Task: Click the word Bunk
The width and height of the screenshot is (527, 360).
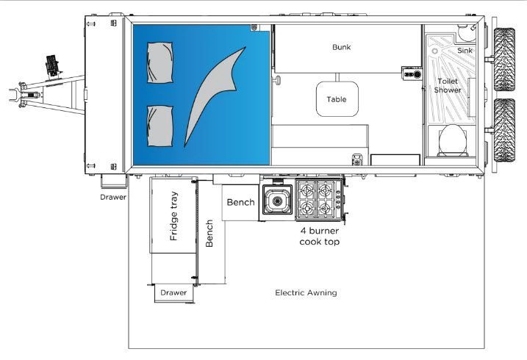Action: pos(341,47)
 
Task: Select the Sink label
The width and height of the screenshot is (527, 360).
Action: pos(465,51)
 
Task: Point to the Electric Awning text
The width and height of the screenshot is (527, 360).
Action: pos(306,292)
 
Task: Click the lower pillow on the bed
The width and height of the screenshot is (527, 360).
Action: pos(159,125)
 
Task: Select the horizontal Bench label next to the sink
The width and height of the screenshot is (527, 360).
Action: pos(240,202)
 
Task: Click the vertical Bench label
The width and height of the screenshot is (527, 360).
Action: pos(210,234)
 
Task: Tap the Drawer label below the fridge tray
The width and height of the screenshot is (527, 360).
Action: pos(173,293)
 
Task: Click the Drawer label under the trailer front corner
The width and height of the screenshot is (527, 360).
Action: pos(114,197)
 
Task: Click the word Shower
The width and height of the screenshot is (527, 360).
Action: pos(448,90)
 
